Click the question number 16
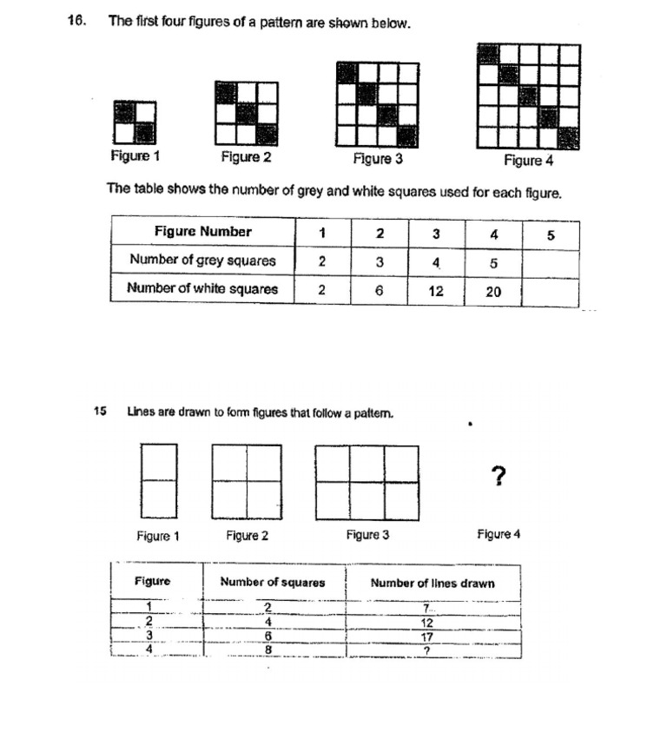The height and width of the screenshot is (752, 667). (76, 22)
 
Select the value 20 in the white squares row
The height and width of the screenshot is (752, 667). (492, 292)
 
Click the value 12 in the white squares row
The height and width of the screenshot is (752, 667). (436, 292)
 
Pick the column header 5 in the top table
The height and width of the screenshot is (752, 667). (550, 234)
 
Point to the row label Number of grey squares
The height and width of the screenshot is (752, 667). (202, 260)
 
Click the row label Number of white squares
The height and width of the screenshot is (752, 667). (202, 288)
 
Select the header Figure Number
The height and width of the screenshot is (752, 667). (202, 231)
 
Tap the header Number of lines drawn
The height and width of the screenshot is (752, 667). (433, 583)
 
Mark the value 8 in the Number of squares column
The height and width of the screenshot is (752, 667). (268, 650)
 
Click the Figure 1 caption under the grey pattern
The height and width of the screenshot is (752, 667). (135, 156)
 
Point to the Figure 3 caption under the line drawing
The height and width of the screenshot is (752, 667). (367, 535)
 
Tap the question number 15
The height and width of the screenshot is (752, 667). (99, 412)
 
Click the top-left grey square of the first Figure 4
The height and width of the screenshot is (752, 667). (488, 53)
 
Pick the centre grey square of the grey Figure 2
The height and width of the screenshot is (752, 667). (247, 113)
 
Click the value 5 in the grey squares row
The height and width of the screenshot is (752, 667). (492, 261)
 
